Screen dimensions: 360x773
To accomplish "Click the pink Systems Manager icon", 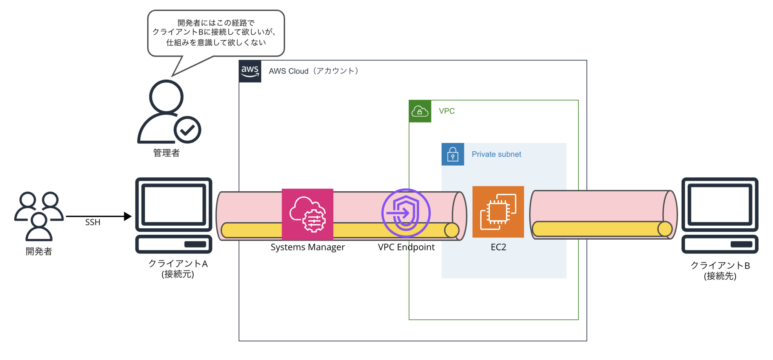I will (307, 214).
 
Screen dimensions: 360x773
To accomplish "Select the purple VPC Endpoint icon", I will (406, 213).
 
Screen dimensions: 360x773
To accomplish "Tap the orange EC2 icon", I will (498, 212).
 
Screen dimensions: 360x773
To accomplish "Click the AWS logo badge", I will (250, 71).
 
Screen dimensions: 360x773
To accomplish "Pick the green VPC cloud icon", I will (420, 111).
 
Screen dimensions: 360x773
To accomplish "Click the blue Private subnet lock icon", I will (453, 154).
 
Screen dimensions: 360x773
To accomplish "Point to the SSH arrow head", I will (128, 217).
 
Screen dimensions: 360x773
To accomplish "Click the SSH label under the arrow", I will (93, 223).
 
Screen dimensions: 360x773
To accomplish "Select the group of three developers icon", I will (38, 216).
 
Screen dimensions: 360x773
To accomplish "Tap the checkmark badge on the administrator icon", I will (187, 130).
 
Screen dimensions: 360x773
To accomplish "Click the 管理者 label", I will (166, 153).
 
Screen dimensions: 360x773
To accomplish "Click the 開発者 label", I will (39, 251).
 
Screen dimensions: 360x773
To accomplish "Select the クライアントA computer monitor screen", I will (173, 204).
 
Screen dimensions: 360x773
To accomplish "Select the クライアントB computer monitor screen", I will (719, 204).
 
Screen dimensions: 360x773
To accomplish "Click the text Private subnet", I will (496, 154).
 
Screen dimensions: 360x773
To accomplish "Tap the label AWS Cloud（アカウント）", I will (313, 71).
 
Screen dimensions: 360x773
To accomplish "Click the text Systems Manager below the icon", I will (308, 247).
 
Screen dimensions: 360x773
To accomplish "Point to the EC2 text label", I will (498, 247).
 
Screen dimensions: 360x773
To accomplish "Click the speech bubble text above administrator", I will (216, 33).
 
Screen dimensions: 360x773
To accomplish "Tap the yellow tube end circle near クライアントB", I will (665, 229).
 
